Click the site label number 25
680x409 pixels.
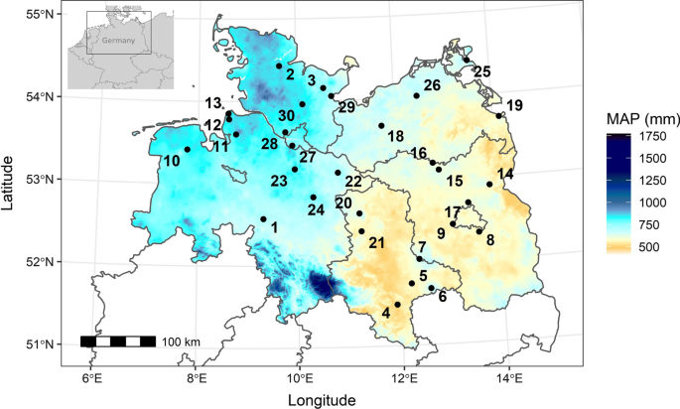point(481,71)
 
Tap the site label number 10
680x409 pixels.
point(172,161)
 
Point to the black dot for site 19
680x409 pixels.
point(499,116)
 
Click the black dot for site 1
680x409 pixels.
point(263,219)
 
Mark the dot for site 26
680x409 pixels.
point(416,96)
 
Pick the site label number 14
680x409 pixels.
point(505,175)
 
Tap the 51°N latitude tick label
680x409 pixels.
point(39,344)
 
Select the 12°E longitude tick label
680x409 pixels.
point(404,378)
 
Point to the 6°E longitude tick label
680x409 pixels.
point(92,378)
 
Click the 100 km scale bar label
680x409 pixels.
point(181,342)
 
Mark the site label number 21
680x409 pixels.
point(376,243)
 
